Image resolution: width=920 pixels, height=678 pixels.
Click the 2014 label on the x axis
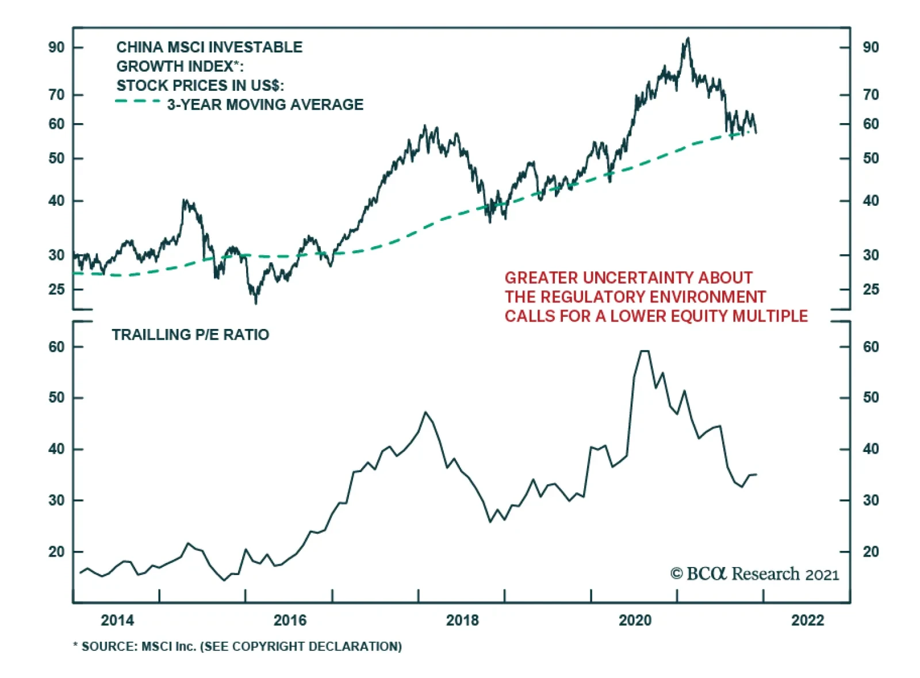(117, 620)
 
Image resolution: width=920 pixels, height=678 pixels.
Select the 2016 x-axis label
(290, 620)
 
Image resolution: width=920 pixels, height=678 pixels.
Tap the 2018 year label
(462, 620)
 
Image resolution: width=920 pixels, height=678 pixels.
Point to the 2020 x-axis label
(635, 620)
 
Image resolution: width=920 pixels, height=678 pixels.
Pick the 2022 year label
(807, 620)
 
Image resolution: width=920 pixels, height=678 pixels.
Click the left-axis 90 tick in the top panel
(56, 47)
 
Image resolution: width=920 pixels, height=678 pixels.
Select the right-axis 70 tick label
(871, 94)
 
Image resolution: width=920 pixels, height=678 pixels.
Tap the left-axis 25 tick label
(56, 289)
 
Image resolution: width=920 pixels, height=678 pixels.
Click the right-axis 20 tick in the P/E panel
(871, 552)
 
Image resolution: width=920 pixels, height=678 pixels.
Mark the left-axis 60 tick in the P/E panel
(56, 347)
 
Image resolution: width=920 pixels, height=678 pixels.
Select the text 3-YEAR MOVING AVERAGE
(265, 105)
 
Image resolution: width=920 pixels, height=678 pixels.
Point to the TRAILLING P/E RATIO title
(190, 335)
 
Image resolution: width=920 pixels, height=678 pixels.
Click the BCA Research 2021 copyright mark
(754, 574)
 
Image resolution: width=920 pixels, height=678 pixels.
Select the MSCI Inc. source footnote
(237, 646)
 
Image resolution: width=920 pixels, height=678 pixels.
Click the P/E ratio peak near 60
(645, 351)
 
